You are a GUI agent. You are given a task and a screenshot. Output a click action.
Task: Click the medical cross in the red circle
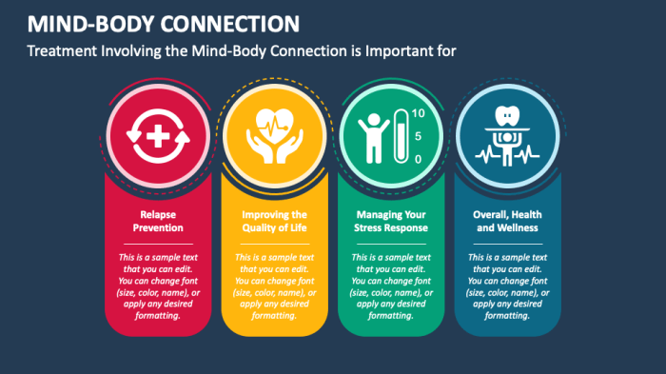point(155,135)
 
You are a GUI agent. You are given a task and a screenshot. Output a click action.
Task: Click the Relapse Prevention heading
point(155,221)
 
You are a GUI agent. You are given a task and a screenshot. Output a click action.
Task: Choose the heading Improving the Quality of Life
point(273,221)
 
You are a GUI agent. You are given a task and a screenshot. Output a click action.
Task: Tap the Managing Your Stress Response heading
point(391,221)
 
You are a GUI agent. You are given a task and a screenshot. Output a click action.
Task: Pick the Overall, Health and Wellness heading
point(506,221)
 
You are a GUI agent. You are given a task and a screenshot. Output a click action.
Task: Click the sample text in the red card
point(155,286)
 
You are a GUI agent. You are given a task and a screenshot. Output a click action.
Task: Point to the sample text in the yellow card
point(273,286)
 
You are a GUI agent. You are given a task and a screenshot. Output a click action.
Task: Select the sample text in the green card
point(391,286)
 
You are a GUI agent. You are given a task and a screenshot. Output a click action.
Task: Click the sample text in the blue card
point(507,286)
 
